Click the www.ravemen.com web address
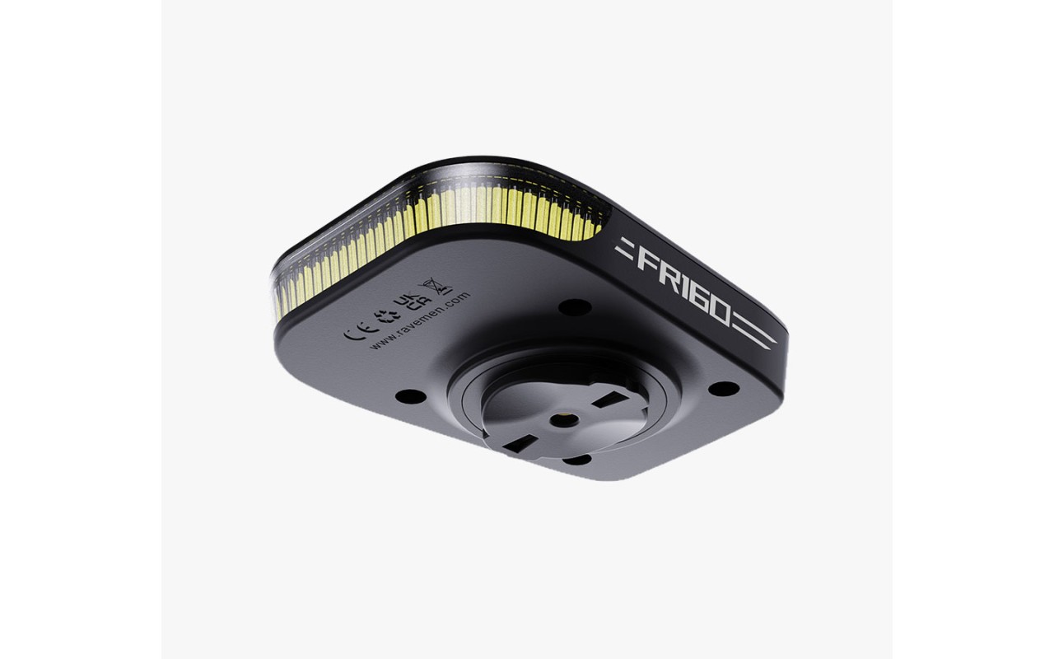(419, 323)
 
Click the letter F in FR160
(647, 259)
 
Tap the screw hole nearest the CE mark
(409, 396)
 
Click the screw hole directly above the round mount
(574, 307)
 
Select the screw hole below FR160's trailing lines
(722, 388)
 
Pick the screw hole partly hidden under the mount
(576, 458)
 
